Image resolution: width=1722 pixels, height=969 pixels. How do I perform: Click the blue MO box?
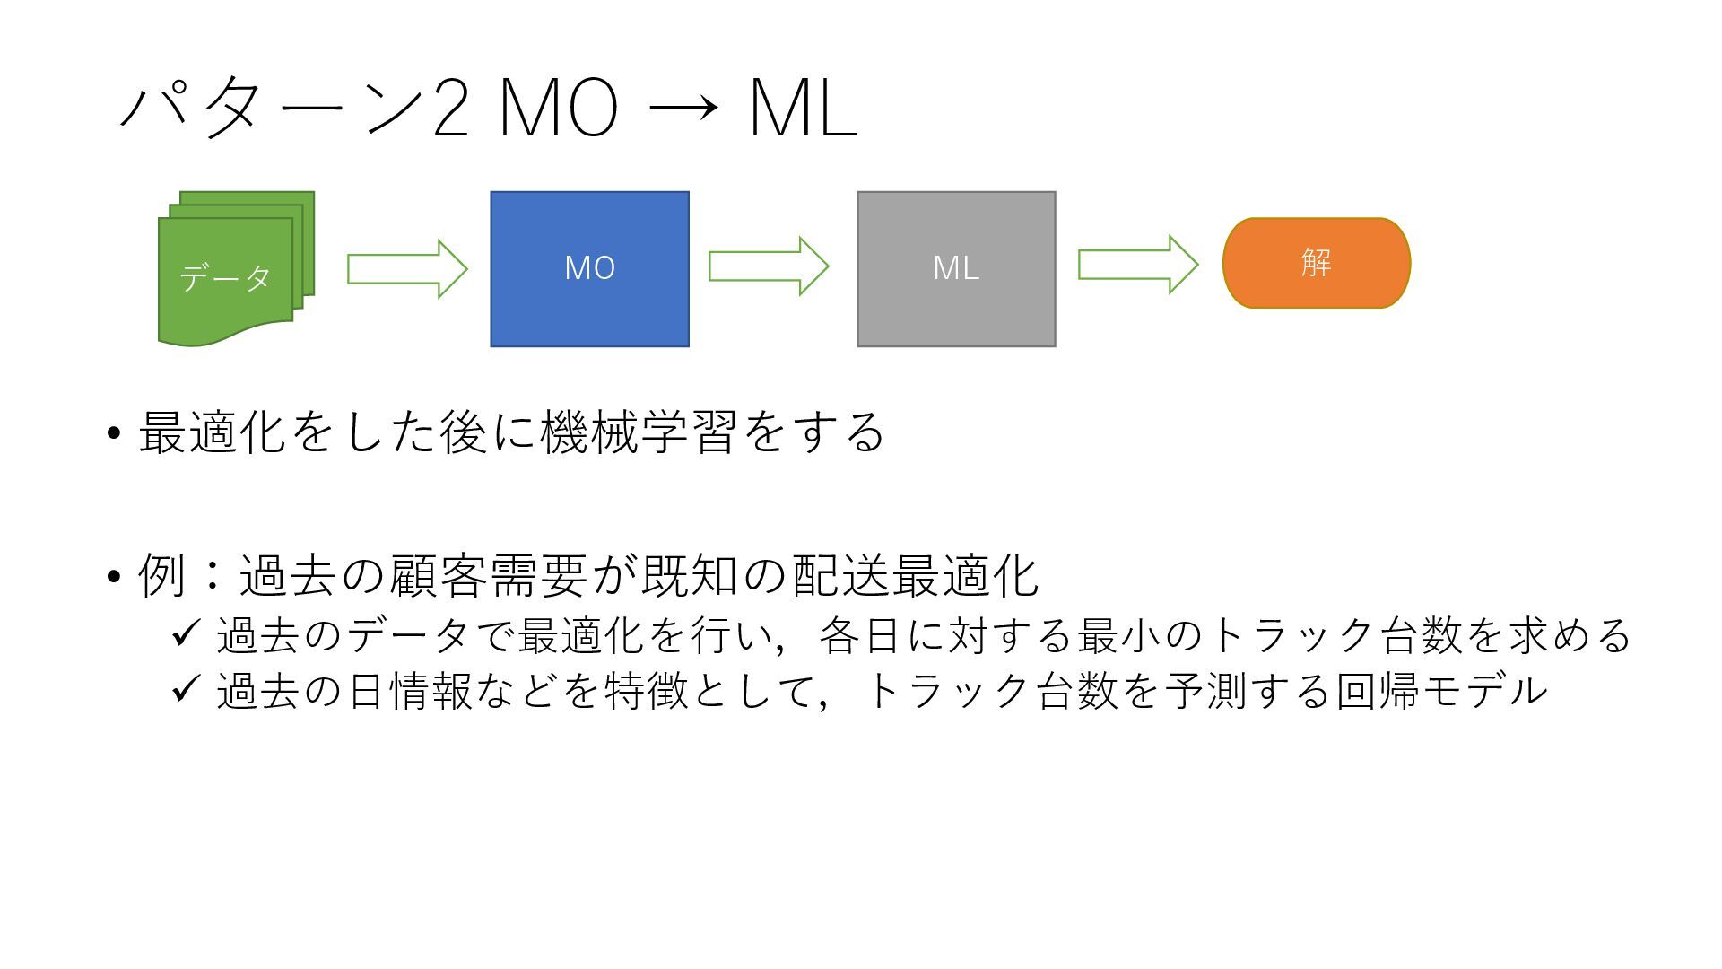coord(589,268)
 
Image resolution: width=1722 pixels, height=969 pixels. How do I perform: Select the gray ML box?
coord(956,268)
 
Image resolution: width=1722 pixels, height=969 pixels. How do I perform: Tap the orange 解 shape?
coord(1316,263)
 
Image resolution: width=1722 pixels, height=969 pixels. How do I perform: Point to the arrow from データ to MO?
coord(407,268)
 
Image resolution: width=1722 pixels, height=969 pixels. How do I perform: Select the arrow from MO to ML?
coord(769,266)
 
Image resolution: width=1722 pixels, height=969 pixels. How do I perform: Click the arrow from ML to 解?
coord(1137,264)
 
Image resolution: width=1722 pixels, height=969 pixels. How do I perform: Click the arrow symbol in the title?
coord(683,109)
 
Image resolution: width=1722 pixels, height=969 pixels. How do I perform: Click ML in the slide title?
coord(803,109)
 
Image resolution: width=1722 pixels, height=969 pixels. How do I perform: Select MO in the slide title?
coord(558,109)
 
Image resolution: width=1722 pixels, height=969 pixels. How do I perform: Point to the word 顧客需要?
coord(488,575)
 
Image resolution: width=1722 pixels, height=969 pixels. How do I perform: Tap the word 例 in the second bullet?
coord(162,575)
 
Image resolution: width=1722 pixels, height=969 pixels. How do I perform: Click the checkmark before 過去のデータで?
coord(185,634)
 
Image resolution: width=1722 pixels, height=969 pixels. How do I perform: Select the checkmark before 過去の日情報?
coord(185,689)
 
